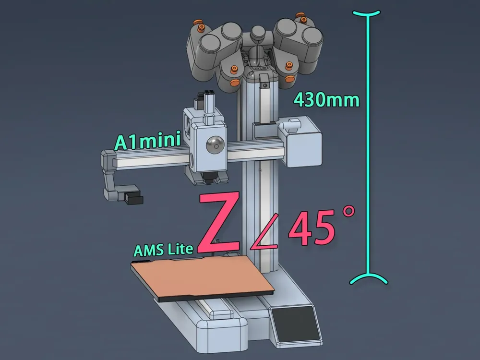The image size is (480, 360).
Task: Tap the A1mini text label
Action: (x=147, y=142)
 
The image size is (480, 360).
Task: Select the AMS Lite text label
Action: (x=163, y=250)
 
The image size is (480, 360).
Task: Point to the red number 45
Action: (x=312, y=229)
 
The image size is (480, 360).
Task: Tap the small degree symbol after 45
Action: (x=348, y=212)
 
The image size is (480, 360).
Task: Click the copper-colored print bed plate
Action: (x=202, y=276)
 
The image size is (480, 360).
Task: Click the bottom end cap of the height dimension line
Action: (x=368, y=279)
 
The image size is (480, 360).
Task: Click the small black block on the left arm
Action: (x=133, y=198)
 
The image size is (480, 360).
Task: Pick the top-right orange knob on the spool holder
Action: (x=302, y=19)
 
